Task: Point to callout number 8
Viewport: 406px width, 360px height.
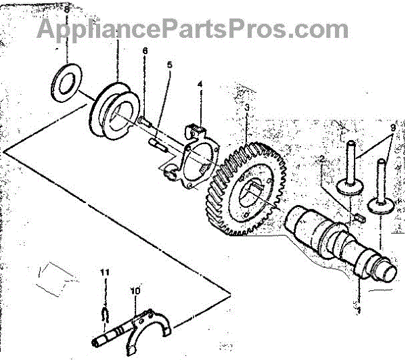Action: click(x=66, y=9)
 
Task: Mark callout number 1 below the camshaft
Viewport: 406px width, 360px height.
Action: click(x=359, y=312)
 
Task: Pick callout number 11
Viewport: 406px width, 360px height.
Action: click(x=105, y=272)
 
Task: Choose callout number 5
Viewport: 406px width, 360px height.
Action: click(x=170, y=66)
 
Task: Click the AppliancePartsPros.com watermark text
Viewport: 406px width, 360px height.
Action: click(x=193, y=29)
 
